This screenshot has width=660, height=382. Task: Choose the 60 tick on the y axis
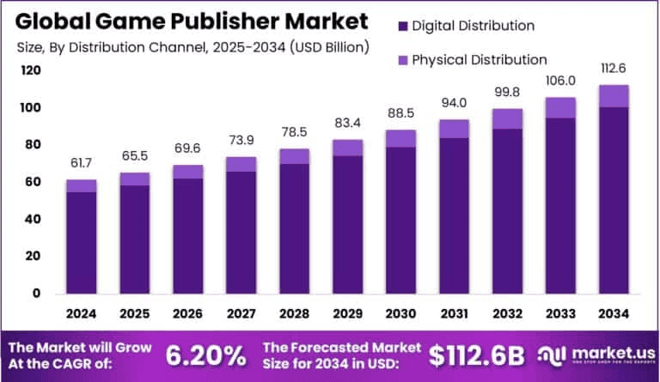33,182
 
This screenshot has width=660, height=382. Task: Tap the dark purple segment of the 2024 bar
81,242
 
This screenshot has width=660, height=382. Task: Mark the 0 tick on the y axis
37,293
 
